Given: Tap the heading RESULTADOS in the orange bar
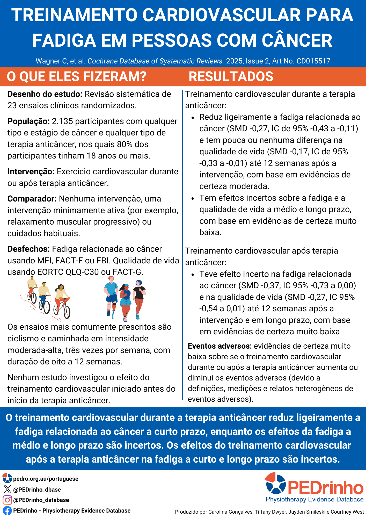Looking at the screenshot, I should pos(231,77).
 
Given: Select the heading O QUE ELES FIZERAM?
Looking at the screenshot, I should pos(77,77).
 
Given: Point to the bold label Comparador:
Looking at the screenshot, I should pos(32,199).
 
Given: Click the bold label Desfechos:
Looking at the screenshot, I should pos(28,249).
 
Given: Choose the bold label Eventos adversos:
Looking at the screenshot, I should pos(219,346).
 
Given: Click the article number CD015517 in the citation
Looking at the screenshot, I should pos(313,61).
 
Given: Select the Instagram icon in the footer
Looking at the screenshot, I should pos(7,500).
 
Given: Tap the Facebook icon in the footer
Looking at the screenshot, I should pos(7,510).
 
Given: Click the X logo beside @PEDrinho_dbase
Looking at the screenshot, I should pos(7,489).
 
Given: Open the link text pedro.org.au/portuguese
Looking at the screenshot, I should pos(46,479).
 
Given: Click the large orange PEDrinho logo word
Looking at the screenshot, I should pos(325,488).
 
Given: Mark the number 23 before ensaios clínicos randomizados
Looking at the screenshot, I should pos(12,106).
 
